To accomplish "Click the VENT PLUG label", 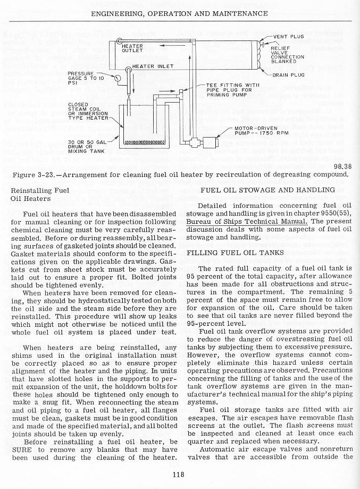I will tap(289, 37).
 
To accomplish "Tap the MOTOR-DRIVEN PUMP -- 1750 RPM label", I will tap(262, 131).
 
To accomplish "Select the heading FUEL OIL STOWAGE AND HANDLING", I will tap(267, 190).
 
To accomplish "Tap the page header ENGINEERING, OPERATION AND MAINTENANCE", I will tap(179, 12).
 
